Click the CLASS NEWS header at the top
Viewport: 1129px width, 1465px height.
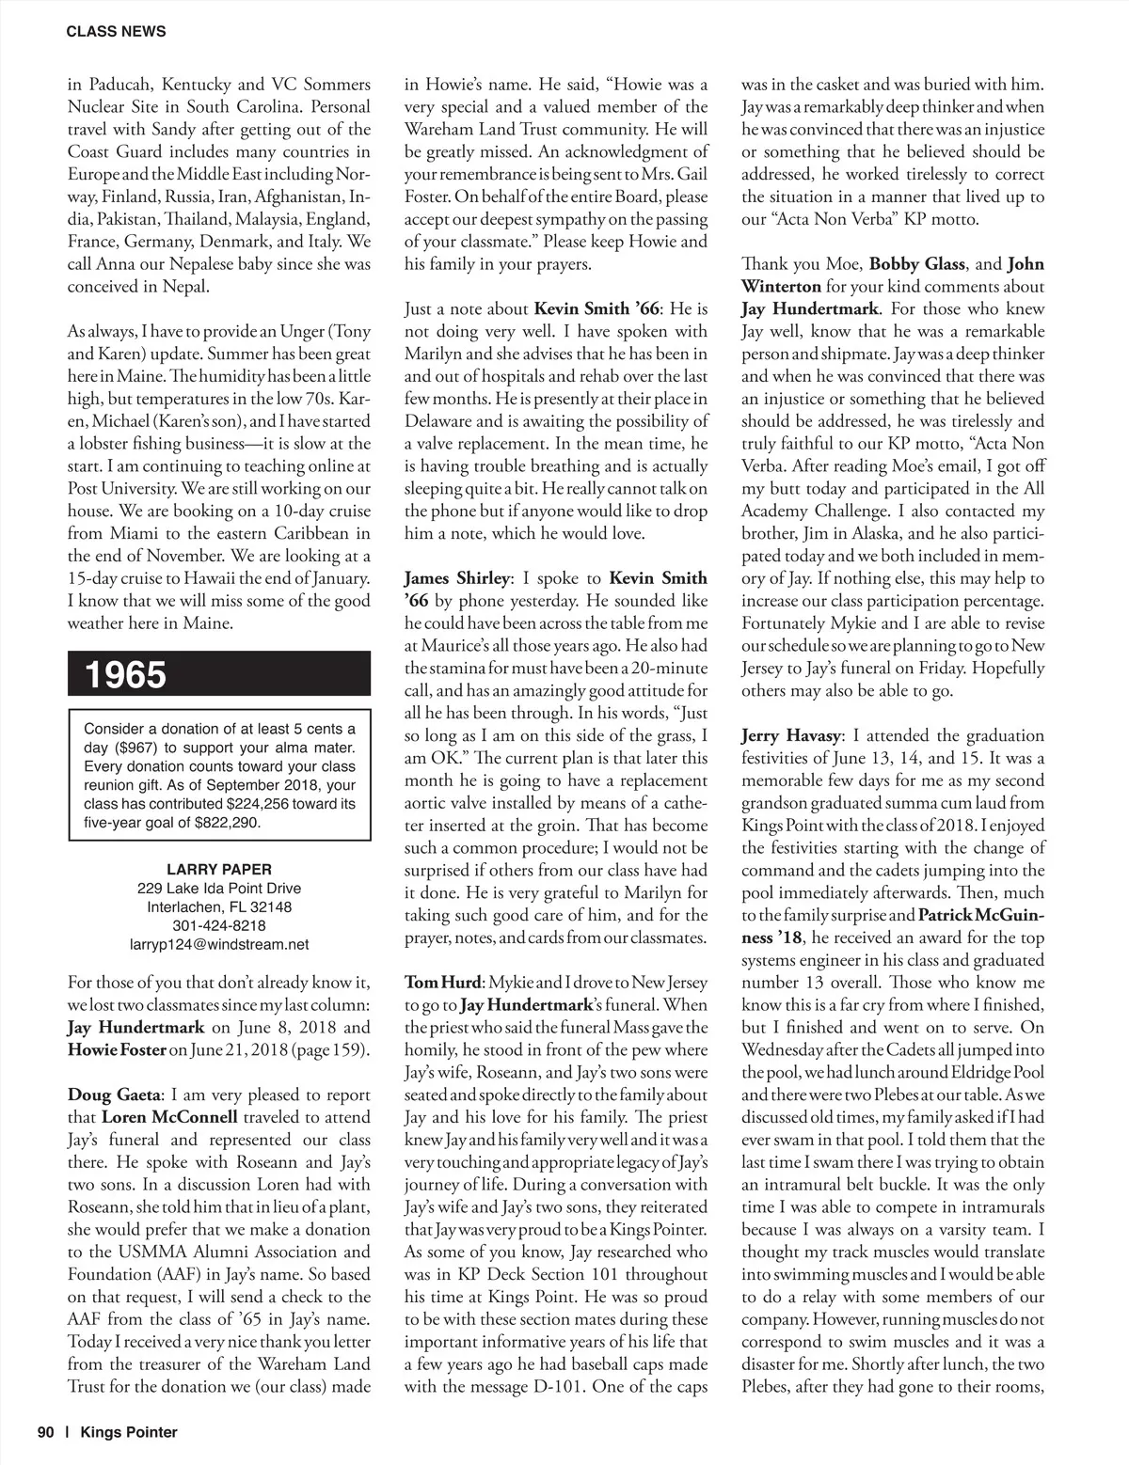coord(116,31)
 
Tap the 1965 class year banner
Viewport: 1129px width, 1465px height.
coord(125,675)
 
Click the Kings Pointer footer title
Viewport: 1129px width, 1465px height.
coord(129,1432)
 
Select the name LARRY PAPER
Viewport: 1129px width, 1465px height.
coord(219,870)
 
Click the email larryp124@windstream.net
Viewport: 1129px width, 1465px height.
coord(219,944)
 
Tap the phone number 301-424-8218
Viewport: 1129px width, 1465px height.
coord(219,925)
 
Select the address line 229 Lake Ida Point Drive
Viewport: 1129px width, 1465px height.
coord(219,889)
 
